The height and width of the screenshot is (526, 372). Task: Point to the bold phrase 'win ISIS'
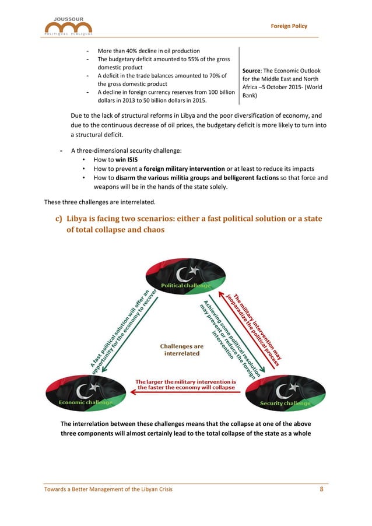pos(128,159)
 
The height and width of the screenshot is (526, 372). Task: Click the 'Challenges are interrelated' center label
pos(182,349)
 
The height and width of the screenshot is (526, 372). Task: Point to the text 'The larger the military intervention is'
pos(186,382)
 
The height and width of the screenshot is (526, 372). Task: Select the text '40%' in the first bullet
pos(129,50)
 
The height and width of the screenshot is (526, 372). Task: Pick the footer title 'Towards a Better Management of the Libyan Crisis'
pos(108,489)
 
